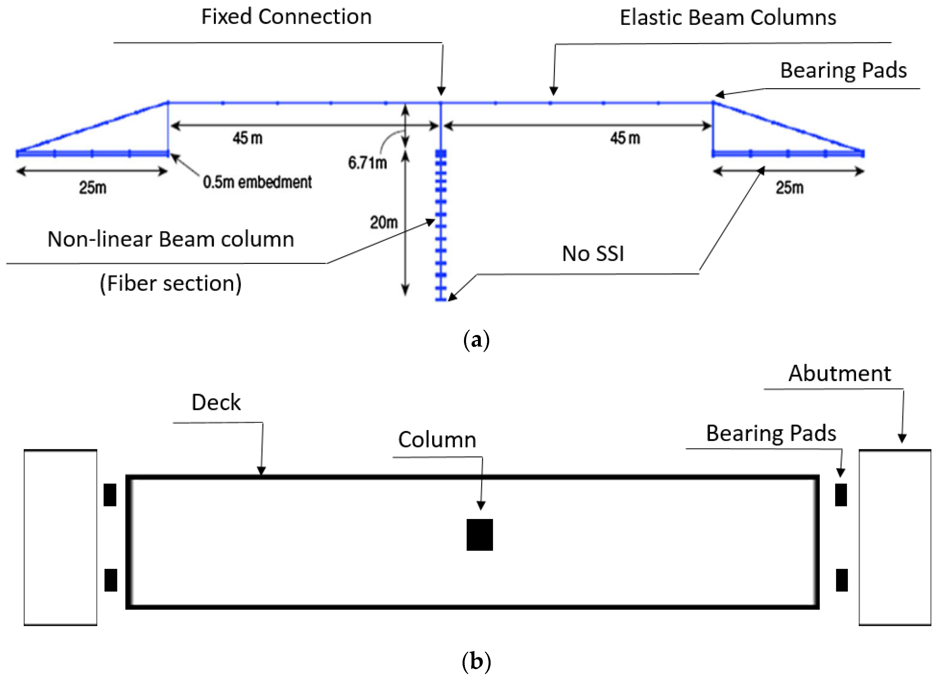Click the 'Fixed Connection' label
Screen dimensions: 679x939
click(x=286, y=17)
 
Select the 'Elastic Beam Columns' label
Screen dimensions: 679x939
click(x=728, y=18)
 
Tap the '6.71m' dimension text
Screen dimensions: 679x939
click(x=367, y=163)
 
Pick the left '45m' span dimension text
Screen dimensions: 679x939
click(x=247, y=138)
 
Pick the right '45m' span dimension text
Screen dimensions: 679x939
click(x=625, y=138)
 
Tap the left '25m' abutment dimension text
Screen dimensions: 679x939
click(x=93, y=187)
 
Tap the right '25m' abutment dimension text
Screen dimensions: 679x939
click(x=789, y=187)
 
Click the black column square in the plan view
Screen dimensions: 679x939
click(x=479, y=535)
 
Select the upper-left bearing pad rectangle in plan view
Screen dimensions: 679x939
click(x=110, y=495)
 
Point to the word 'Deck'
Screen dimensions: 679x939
click(x=216, y=402)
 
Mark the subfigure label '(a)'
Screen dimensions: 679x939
click(x=476, y=340)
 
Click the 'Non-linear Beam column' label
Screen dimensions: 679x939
click(x=171, y=239)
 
